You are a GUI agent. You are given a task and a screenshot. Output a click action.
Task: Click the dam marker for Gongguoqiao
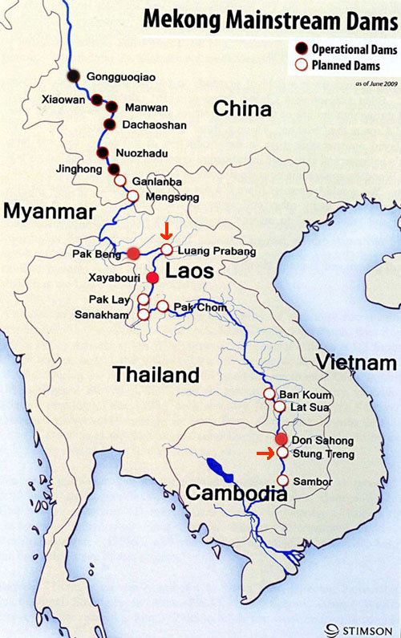tap(74, 76)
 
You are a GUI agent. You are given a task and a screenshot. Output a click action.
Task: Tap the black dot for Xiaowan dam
tap(96, 100)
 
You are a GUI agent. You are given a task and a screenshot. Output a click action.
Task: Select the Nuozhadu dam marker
tap(103, 152)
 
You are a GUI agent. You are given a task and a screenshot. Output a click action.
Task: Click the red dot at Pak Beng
tap(133, 254)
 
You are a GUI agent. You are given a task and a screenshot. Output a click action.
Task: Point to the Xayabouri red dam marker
tap(152, 278)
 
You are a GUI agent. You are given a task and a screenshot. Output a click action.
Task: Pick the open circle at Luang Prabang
tap(166, 250)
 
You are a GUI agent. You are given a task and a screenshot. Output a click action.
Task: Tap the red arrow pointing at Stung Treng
tap(264, 454)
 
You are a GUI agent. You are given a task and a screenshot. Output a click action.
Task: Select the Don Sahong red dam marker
tap(281, 439)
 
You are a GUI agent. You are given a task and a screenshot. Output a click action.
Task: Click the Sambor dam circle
tap(282, 481)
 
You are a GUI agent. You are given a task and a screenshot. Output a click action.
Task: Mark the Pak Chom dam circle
tap(163, 307)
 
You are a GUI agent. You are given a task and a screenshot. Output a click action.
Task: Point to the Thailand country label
tap(156, 374)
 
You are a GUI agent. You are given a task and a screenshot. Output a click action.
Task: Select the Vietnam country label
tap(355, 361)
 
